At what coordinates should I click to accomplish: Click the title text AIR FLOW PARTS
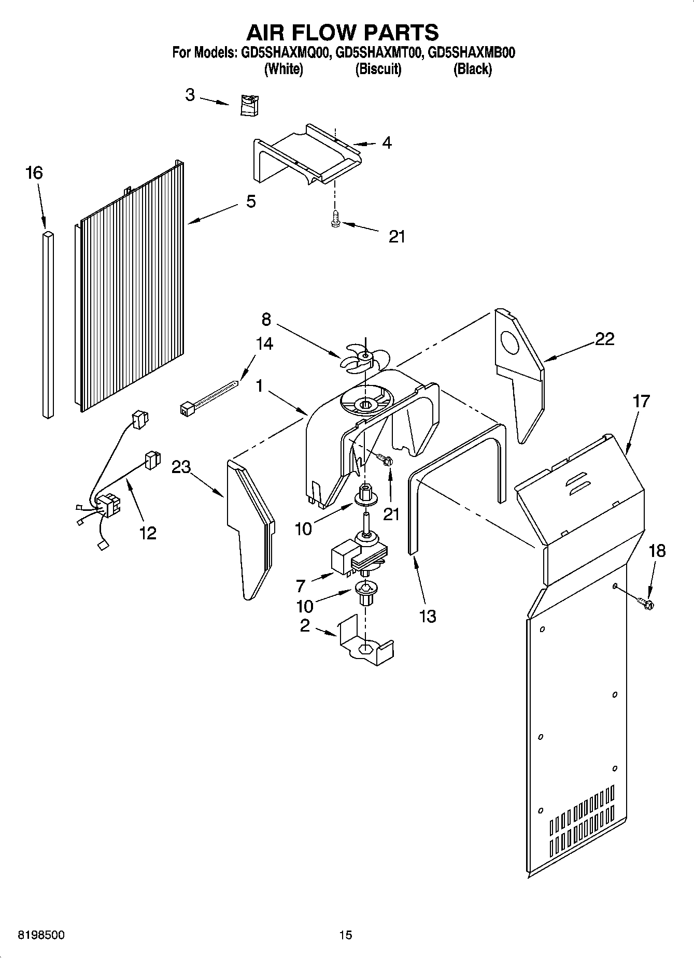point(342,32)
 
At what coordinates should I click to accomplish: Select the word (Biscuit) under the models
point(378,69)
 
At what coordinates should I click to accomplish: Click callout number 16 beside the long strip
point(34,173)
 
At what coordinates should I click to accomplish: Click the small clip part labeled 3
point(249,105)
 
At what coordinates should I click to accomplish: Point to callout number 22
point(604,339)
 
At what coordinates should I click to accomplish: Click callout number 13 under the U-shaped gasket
point(428,616)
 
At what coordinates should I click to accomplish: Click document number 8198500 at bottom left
point(41,935)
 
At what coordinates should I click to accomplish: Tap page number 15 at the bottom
point(345,935)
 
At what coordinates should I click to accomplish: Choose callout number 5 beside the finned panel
point(251,201)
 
